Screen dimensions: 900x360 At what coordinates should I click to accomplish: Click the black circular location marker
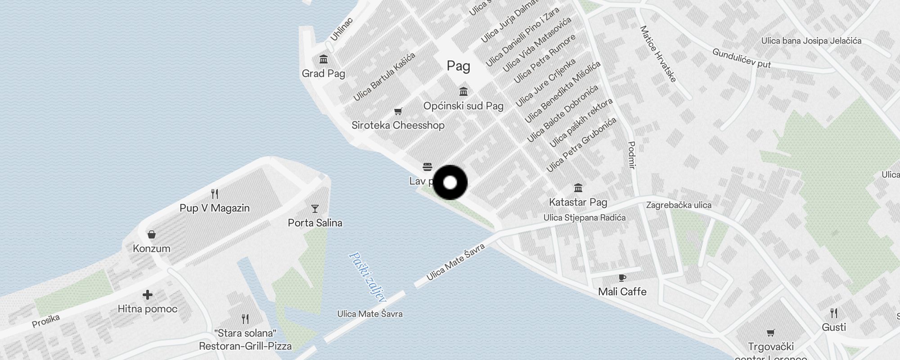pyautogui.click(x=450, y=182)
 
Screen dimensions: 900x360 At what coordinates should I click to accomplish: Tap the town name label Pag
pyautogui.click(x=458, y=66)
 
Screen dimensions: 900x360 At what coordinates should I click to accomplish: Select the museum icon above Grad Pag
pyautogui.click(x=323, y=59)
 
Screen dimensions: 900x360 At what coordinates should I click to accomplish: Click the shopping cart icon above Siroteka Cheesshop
pyautogui.click(x=398, y=111)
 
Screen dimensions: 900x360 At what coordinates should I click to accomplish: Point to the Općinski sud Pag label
pyautogui.click(x=463, y=106)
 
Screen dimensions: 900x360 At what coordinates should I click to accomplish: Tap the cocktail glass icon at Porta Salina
pyautogui.click(x=315, y=209)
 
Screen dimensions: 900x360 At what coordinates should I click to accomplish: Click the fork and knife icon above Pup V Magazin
pyautogui.click(x=215, y=194)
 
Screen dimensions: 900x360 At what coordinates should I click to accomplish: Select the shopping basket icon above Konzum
pyautogui.click(x=152, y=234)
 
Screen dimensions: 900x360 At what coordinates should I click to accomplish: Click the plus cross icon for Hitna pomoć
pyautogui.click(x=147, y=295)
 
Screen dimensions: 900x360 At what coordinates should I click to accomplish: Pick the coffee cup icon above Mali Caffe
pyautogui.click(x=622, y=278)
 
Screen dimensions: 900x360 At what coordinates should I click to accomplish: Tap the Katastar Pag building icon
pyautogui.click(x=578, y=188)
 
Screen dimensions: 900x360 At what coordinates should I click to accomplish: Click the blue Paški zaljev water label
pyautogui.click(x=367, y=276)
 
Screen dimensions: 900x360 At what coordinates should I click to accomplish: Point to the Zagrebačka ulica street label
pyautogui.click(x=679, y=205)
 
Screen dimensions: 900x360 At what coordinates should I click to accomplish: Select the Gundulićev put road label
pyautogui.click(x=741, y=58)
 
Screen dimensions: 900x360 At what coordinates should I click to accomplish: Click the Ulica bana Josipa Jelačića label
pyautogui.click(x=811, y=41)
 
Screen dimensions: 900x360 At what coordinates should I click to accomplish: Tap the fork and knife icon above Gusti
pyautogui.click(x=834, y=313)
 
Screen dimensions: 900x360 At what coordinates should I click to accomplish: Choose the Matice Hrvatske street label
pyautogui.click(x=658, y=54)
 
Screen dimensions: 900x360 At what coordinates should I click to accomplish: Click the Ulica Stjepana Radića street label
pyautogui.click(x=584, y=218)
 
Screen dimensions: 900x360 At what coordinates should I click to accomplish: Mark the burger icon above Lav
pyautogui.click(x=427, y=167)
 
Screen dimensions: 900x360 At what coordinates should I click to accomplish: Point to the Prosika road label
pyautogui.click(x=46, y=320)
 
